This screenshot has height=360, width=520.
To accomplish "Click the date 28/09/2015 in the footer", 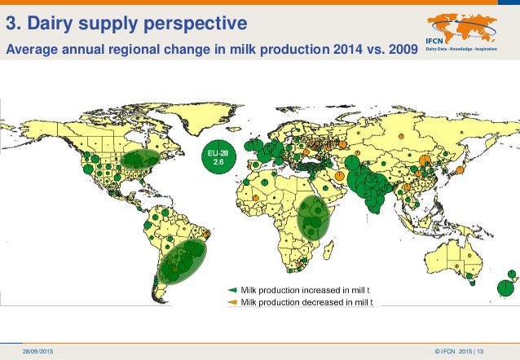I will tap(39, 350).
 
